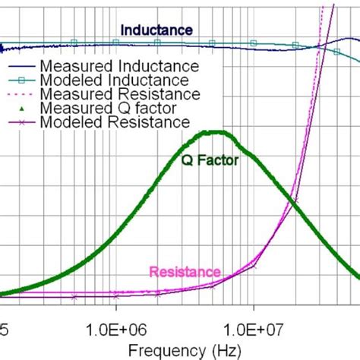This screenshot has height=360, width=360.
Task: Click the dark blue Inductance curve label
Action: click(156, 30)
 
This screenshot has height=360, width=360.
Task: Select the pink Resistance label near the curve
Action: click(185, 272)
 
